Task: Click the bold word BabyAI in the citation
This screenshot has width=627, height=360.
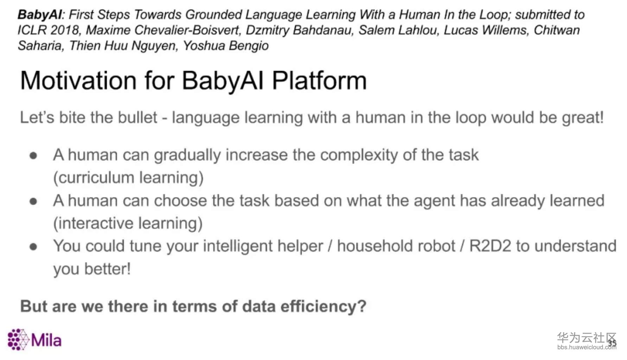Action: [40, 15]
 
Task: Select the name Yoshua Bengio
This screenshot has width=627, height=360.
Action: [226, 46]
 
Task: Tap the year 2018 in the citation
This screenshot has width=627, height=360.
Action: [64, 30]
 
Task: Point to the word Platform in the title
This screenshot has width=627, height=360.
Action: [319, 81]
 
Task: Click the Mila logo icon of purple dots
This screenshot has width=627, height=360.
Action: [18, 340]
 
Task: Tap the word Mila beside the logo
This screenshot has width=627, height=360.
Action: [46, 340]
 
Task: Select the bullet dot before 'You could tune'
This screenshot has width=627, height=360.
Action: [33, 247]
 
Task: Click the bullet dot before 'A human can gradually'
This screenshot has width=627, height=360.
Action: [33, 156]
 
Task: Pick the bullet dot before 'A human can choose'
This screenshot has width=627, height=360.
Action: [33, 201]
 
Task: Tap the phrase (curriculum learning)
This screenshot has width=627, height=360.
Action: [128, 178]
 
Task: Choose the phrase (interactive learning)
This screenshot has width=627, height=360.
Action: [128, 223]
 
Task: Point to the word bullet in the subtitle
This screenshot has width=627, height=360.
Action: [137, 117]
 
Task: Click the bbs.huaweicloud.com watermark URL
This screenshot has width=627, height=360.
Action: [587, 347]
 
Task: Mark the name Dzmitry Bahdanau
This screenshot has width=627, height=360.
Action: [299, 30]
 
